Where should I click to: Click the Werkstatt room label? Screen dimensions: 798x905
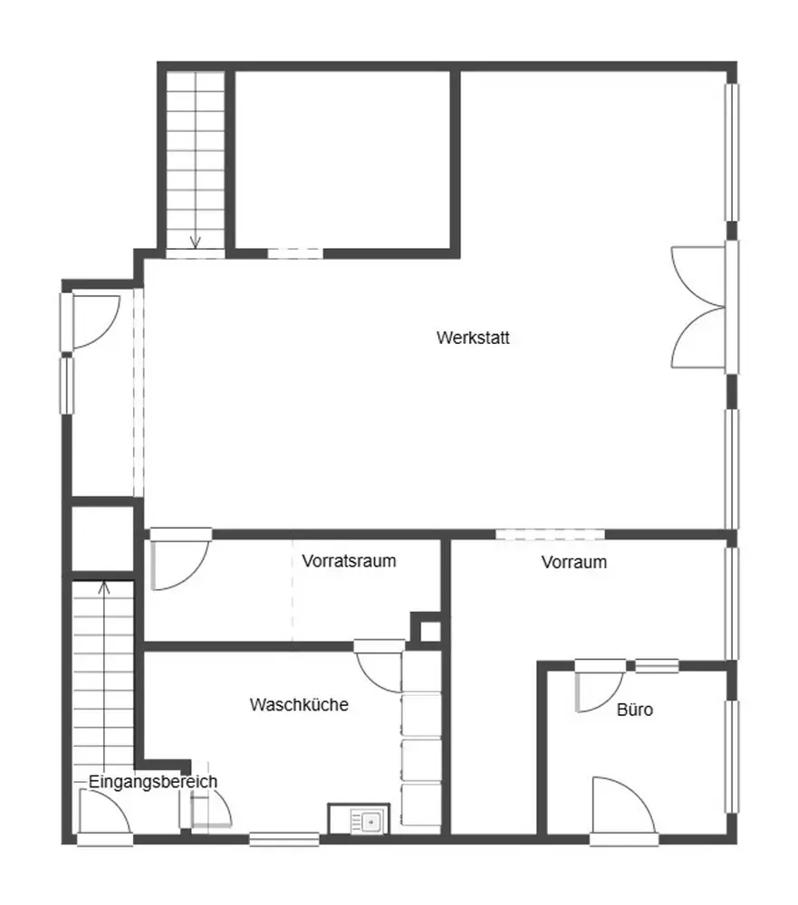(473, 338)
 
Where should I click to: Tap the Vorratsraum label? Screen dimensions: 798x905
(349, 561)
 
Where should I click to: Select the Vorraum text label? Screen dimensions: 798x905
(573, 562)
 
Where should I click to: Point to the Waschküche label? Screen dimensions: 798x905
(299, 705)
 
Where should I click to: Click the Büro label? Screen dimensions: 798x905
(634, 710)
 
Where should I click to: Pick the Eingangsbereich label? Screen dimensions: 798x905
(152, 782)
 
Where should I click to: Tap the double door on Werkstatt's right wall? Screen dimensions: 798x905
(699, 307)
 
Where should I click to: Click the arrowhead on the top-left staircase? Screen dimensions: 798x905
(196, 242)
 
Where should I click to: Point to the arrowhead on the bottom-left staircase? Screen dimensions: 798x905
(104, 587)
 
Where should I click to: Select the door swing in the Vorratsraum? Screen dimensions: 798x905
(179, 560)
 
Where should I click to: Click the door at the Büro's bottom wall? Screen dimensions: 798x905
(623, 806)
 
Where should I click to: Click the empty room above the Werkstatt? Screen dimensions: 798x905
(342, 159)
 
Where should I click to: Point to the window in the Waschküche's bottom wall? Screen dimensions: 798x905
(284, 839)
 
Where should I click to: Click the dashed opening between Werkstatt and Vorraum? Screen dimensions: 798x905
(550, 535)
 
